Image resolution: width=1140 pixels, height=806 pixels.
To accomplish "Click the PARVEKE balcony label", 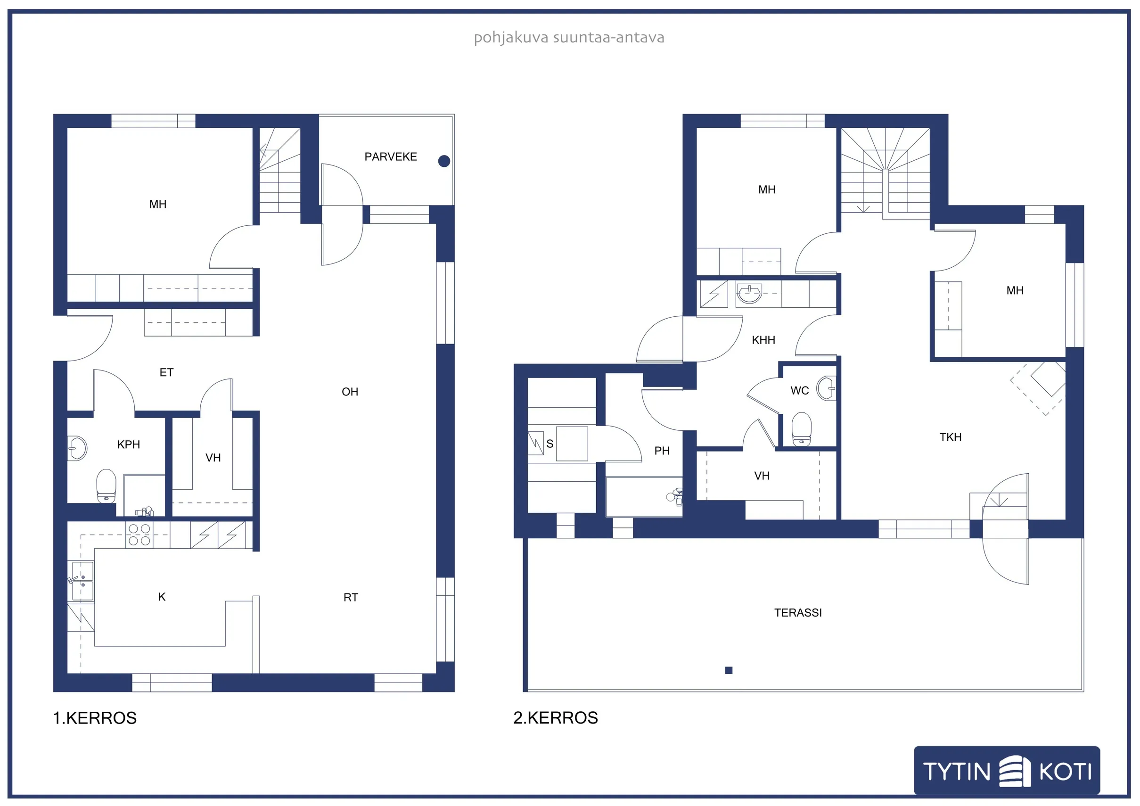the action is [390, 157].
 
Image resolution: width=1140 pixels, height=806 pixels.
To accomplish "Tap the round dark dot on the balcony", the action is [444, 161].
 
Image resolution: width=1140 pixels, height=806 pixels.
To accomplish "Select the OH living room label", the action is [350, 392].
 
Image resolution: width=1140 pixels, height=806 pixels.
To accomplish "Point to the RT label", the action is [351, 597].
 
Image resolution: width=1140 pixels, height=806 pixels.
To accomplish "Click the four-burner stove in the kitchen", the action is [139, 535].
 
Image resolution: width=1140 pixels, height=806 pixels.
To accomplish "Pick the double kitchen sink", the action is [82, 581].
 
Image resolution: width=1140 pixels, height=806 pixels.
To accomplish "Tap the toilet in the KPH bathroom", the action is [106, 486].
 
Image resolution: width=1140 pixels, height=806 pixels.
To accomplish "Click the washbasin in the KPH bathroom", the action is [77, 448].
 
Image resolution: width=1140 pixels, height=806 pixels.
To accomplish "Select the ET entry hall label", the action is [166, 372].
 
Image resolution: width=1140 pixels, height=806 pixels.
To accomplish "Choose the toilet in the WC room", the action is [801, 429].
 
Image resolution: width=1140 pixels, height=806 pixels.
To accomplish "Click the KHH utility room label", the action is [763, 340].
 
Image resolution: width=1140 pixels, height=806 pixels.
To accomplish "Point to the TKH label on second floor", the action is [951, 437].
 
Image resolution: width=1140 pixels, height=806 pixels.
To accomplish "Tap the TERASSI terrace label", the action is [798, 613].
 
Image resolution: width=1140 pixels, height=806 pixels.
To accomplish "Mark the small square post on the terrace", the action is [729, 670].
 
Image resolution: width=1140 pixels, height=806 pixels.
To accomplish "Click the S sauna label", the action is [549, 444].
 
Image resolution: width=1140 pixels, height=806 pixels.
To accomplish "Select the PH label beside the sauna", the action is [662, 451].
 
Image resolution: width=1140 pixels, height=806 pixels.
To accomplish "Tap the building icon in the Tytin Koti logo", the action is [1015, 771].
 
